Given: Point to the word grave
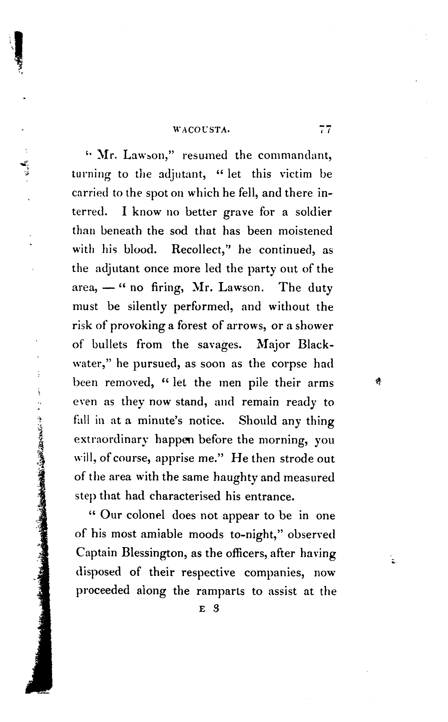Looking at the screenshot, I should tap(238, 212).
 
